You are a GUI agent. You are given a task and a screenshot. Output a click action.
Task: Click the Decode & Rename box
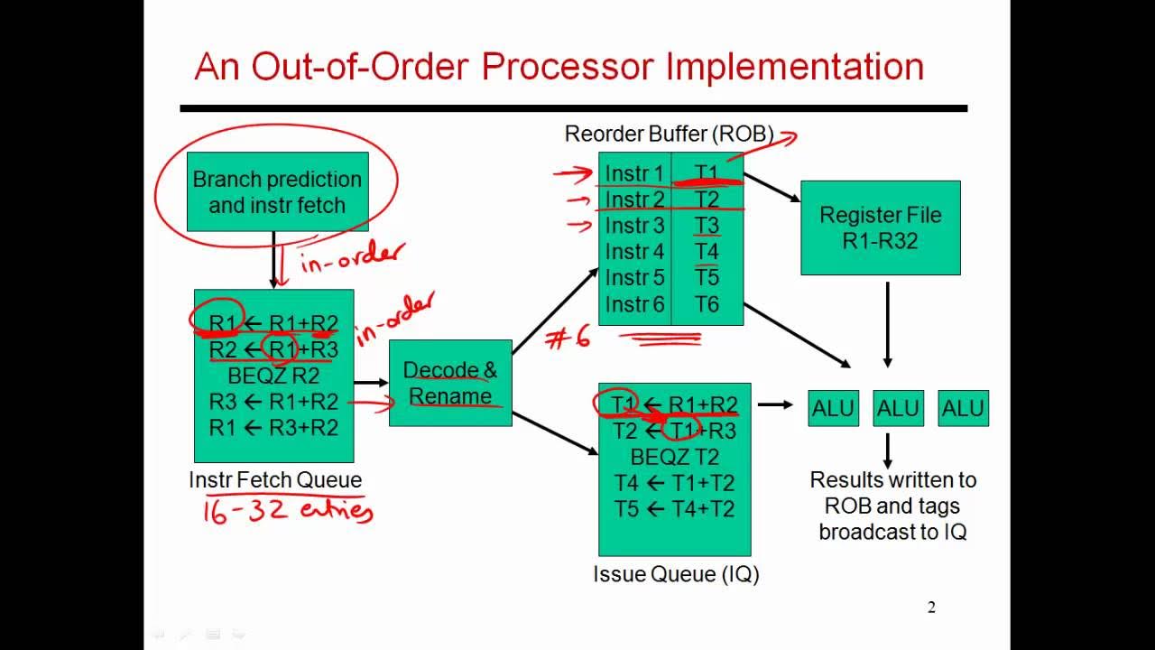pyautogui.click(x=450, y=383)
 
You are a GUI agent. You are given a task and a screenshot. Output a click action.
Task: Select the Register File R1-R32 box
pyautogui.click(x=880, y=227)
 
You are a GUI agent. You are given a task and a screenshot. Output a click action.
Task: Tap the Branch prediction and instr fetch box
pyautogui.click(x=276, y=192)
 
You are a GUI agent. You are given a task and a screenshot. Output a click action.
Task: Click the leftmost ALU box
pyautogui.click(x=833, y=408)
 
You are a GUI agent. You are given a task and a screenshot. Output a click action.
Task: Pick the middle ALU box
pyautogui.click(x=898, y=408)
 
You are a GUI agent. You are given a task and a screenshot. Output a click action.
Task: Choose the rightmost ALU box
pyautogui.click(x=963, y=408)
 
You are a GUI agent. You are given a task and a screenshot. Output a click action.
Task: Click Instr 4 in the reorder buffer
pyautogui.click(x=634, y=252)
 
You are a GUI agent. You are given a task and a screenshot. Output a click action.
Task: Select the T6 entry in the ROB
pyautogui.click(x=707, y=304)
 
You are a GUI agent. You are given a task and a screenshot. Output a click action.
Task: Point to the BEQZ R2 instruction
pyautogui.click(x=273, y=375)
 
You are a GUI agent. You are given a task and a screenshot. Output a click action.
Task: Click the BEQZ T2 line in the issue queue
pyautogui.click(x=674, y=457)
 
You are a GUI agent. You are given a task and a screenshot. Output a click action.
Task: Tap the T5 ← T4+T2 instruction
pyautogui.click(x=674, y=509)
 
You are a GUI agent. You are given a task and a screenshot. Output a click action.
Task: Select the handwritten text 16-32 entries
pyautogui.click(x=287, y=511)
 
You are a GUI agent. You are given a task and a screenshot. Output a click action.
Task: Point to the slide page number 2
pyautogui.click(x=931, y=608)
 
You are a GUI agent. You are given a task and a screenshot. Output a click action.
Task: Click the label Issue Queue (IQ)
pyautogui.click(x=675, y=574)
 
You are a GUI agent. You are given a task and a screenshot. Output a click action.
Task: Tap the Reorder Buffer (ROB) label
pyautogui.click(x=669, y=135)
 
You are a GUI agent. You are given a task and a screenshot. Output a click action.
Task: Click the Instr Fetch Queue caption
pyautogui.click(x=275, y=480)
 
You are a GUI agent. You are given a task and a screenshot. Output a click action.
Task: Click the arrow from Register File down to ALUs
pyautogui.click(x=887, y=324)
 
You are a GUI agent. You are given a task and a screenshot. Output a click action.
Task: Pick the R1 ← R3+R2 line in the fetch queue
pyautogui.click(x=273, y=427)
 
